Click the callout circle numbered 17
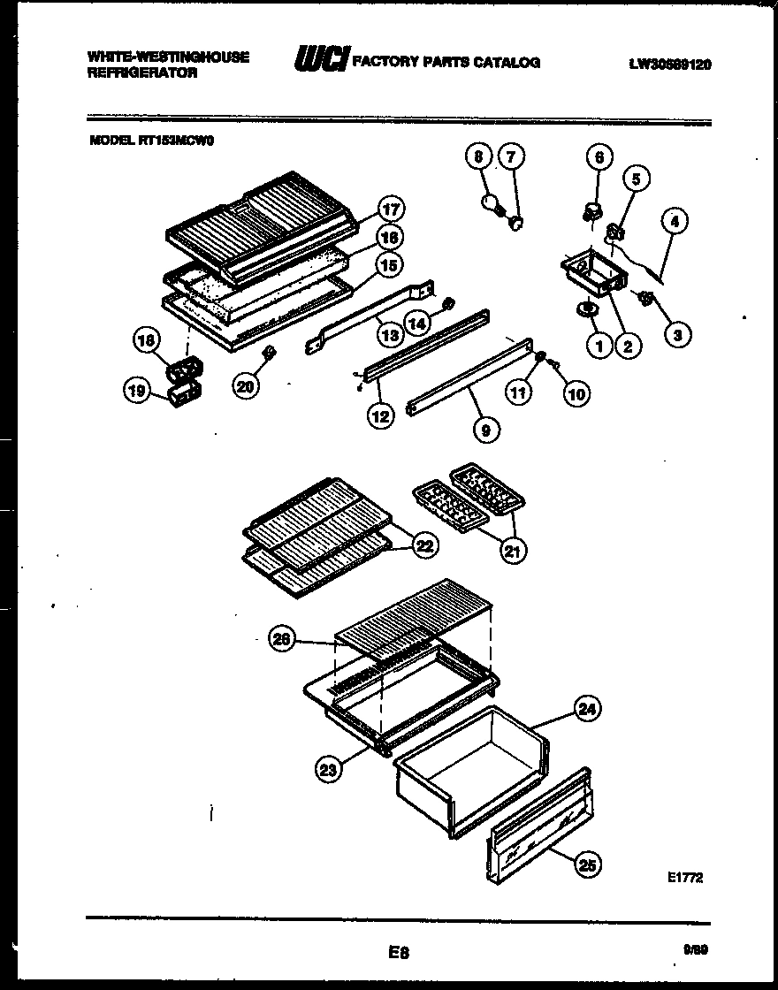390,209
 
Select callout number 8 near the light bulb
478,157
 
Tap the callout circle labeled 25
584,865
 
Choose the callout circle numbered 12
380,415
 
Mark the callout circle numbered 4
675,222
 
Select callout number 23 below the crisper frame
328,770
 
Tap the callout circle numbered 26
281,642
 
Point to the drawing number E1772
686,878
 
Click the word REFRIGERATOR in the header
142,74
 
